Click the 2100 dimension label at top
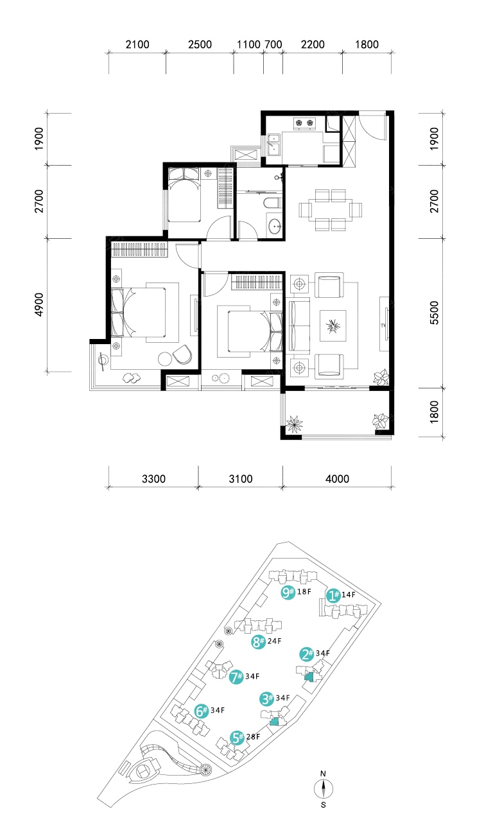(x=137, y=45)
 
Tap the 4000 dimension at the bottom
(x=338, y=479)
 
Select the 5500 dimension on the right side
(x=434, y=313)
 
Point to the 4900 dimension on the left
(x=39, y=305)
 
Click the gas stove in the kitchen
(x=305, y=123)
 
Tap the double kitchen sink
(x=274, y=144)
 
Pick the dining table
(x=331, y=210)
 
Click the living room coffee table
(x=333, y=326)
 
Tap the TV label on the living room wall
(x=383, y=326)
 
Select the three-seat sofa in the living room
(x=299, y=326)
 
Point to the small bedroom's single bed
(x=184, y=195)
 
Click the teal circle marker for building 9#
(x=288, y=592)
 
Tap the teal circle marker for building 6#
(x=202, y=711)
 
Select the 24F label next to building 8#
(x=275, y=641)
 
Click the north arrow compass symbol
(x=324, y=788)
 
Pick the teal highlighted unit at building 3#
(x=274, y=722)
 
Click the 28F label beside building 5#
(x=253, y=736)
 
